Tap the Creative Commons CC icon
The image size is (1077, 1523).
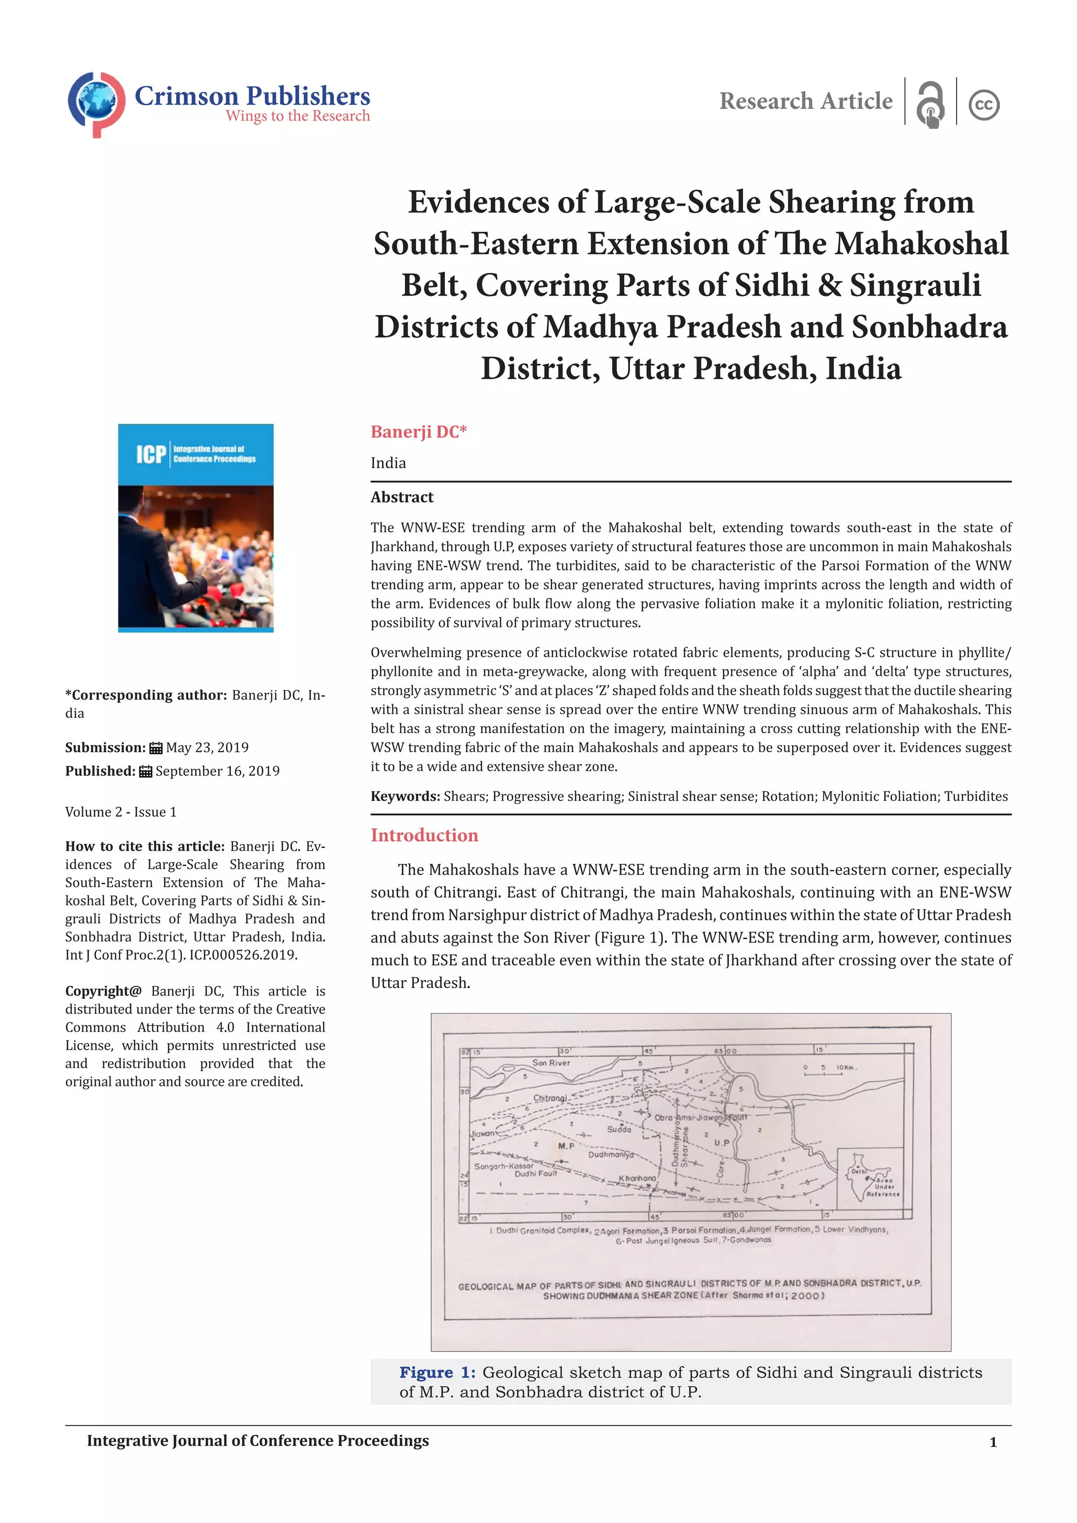(x=983, y=105)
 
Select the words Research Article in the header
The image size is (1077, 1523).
(x=806, y=101)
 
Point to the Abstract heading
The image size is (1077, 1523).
(x=402, y=497)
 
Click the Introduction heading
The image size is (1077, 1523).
(x=424, y=835)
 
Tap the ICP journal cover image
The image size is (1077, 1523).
(x=196, y=528)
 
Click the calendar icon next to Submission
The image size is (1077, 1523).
(x=156, y=748)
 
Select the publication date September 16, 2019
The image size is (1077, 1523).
(x=218, y=771)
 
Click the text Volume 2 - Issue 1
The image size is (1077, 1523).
(x=121, y=812)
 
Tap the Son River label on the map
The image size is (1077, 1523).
(x=551, y=1063)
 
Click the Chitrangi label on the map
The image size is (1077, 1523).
(x=550, y=1099)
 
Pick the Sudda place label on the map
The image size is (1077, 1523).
(x=619, y=1129)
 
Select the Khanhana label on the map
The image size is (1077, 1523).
(x=637, y=1178)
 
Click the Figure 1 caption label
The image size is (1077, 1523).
(x=437, y=1373)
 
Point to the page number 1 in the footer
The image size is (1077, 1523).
(x=993, y=1442)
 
